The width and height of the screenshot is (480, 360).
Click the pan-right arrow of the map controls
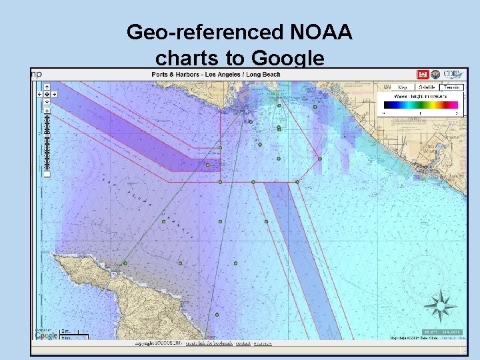(x=54, y=94)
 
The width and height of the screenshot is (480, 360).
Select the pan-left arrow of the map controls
(x=39, y=94)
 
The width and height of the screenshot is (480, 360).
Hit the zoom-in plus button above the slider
(x=47, y=110)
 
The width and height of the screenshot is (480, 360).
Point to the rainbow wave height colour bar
(x=420, y=105)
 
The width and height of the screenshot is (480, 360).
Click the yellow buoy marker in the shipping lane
(x=208, y=165)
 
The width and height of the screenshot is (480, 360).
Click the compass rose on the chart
(x=440, y=307)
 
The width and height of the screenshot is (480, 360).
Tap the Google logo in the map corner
(x=46, y=335)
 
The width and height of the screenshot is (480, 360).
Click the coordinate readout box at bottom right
(x=442, y=331)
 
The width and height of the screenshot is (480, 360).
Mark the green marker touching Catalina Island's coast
(x=125, y=263)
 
